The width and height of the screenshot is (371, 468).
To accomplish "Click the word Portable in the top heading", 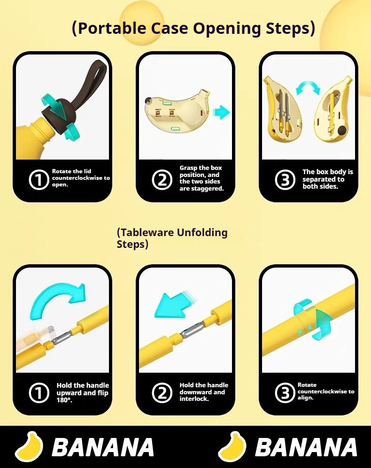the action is click(x=112, y=28).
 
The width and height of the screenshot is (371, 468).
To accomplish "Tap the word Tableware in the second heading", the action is click(x=146, y=232).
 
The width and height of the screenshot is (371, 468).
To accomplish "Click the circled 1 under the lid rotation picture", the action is click(x=39, y=179).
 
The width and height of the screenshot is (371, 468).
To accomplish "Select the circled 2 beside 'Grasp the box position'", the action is click(x=162, y=180).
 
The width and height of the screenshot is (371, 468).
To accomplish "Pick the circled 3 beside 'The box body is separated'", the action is click(x=285, y=180).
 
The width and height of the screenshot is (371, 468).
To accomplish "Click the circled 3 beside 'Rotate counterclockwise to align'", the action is click(x=285, y=392).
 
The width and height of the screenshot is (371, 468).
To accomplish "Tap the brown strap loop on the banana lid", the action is click(x=90, y=81).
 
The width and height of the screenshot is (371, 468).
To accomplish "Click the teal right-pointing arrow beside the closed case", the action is click(x=221, y=113).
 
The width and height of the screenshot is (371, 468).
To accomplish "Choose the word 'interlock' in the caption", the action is click(x=194, y=399).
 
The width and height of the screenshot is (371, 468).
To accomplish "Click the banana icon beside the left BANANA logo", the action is click(x=29, y=446).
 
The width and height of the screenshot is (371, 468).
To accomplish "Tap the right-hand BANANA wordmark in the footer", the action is click(x=306, y=447).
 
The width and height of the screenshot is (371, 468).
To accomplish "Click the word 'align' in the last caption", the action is click(x=305, y=398).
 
